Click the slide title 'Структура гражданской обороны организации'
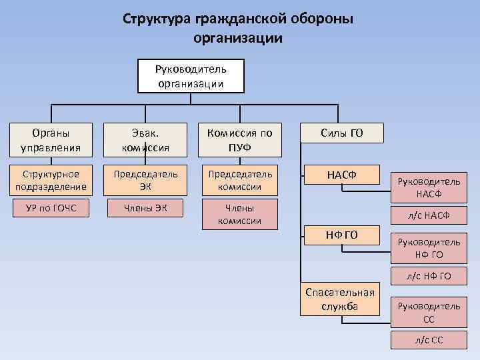238,27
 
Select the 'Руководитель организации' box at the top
191,76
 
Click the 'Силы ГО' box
342,133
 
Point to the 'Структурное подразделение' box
50,180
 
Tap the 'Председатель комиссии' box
239,180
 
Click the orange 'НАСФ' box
342,175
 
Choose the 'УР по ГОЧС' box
50,209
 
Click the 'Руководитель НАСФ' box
429,187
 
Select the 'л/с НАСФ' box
429,215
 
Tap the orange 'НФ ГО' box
342,235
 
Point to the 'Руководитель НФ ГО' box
429,248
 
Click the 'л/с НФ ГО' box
429,276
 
